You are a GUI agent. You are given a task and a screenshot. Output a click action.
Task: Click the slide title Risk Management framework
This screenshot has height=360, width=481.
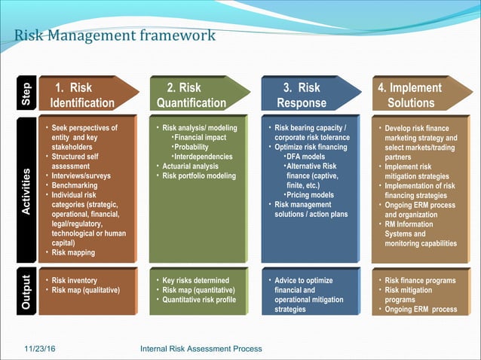[115, 35]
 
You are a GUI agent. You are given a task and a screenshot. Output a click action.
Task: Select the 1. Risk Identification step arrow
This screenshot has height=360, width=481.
[83, 95]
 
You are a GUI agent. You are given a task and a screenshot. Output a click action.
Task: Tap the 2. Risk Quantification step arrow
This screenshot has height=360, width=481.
[191, 95]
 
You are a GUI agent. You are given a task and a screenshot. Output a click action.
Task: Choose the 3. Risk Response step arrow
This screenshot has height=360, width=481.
[302, 95]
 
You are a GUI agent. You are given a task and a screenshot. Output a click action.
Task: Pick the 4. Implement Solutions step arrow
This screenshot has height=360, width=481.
[412, 95]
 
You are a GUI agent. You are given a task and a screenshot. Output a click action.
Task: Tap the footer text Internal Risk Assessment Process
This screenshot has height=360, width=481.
[201, 348]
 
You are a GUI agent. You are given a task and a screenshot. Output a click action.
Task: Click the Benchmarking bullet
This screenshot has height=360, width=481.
[76, 185]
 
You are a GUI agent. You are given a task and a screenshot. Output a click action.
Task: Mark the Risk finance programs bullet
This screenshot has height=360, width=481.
[420, 280]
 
